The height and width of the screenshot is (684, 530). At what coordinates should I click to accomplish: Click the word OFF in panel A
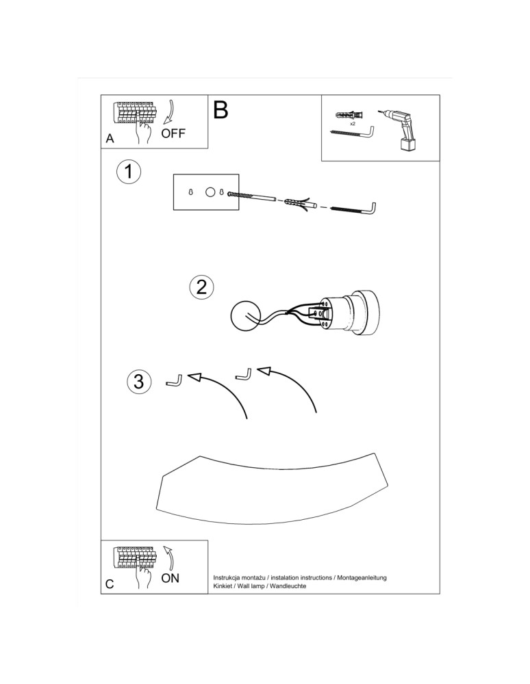173,133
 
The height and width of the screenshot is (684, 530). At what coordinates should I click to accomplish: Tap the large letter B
220,110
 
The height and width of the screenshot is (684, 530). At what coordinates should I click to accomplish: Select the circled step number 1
129,172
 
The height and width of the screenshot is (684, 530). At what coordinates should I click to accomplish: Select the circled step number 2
202,287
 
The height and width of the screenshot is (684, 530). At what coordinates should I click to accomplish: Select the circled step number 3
139,381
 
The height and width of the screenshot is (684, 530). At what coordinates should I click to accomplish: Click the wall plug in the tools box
349,116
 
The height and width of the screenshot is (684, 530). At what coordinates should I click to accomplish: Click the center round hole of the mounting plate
210,192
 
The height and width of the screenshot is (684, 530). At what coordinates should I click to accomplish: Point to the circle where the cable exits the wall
245,316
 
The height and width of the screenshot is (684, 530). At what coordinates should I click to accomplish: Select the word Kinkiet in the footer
223,586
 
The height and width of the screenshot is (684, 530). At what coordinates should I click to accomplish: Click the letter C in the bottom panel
110,584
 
